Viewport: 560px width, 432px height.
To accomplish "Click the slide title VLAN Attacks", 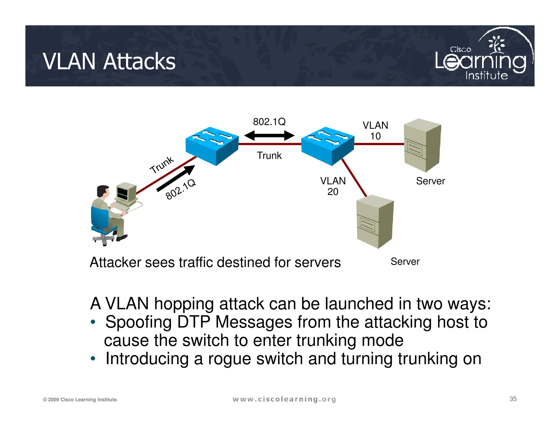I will click(109, 61).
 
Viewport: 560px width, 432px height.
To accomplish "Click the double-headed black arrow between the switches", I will click(269, 135).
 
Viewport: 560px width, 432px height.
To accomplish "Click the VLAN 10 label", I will click(375, 131).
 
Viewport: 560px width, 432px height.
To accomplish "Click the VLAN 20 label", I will click(333, 186).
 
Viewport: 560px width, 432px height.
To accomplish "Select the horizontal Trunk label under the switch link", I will click(269, 155).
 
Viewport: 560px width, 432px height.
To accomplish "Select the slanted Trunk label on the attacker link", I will click(162, 165).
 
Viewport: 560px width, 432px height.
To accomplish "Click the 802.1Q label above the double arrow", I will click(269, 122).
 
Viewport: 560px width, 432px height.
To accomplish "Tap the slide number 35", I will click(513, 399).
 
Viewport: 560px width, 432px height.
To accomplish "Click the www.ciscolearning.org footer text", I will click(284, 399).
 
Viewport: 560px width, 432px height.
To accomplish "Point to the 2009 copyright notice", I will click(80, 400).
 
